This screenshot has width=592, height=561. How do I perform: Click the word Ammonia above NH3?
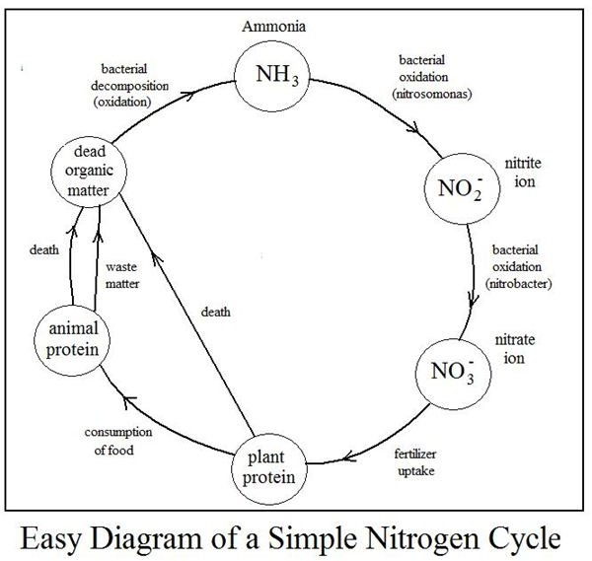pos(273,27)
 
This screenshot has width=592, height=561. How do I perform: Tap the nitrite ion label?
pos(523,173)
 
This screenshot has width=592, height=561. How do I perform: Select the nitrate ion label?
pos(515,349)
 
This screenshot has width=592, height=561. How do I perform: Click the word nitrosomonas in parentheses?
pos(432,94)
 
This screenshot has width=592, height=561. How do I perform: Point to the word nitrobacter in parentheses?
pos(519,283)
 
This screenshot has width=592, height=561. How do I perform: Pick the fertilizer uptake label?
pos(415,462)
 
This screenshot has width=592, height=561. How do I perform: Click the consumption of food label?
pos(118,441)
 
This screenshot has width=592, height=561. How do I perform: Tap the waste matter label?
pos(122,275)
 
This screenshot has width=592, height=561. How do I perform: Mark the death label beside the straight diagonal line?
pos(215,312)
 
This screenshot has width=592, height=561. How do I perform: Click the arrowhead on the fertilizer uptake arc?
pos(349,456)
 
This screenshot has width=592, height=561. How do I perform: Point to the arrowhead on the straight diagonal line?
pos(156,258)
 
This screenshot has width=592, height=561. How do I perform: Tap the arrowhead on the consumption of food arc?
pos(130,401)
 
